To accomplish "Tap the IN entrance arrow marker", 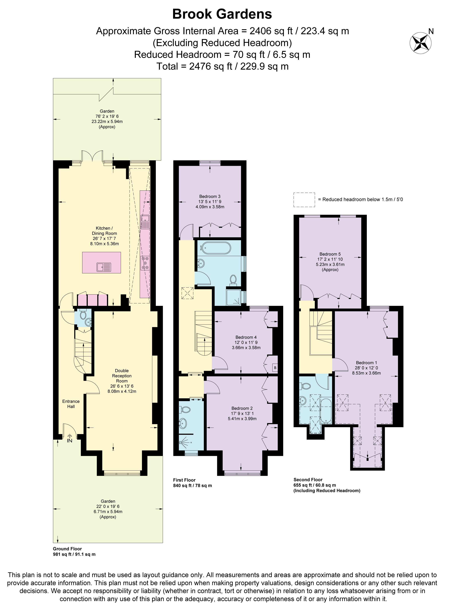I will coord(70,438).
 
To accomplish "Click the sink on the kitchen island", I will coord(104,267).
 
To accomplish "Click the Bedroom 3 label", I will coord(210,196).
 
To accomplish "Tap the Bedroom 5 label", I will coord(330,254).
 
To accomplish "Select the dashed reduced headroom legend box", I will coord(304,200).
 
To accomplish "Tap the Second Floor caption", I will coord(308,480).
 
